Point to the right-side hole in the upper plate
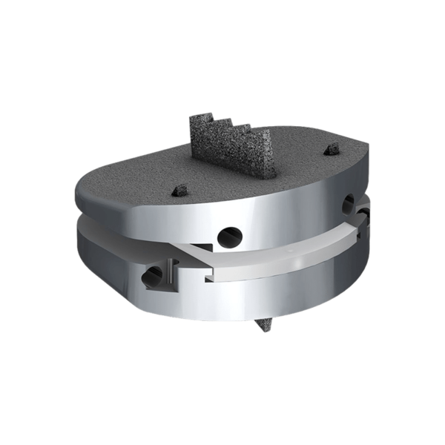click(x=349, y=202)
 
